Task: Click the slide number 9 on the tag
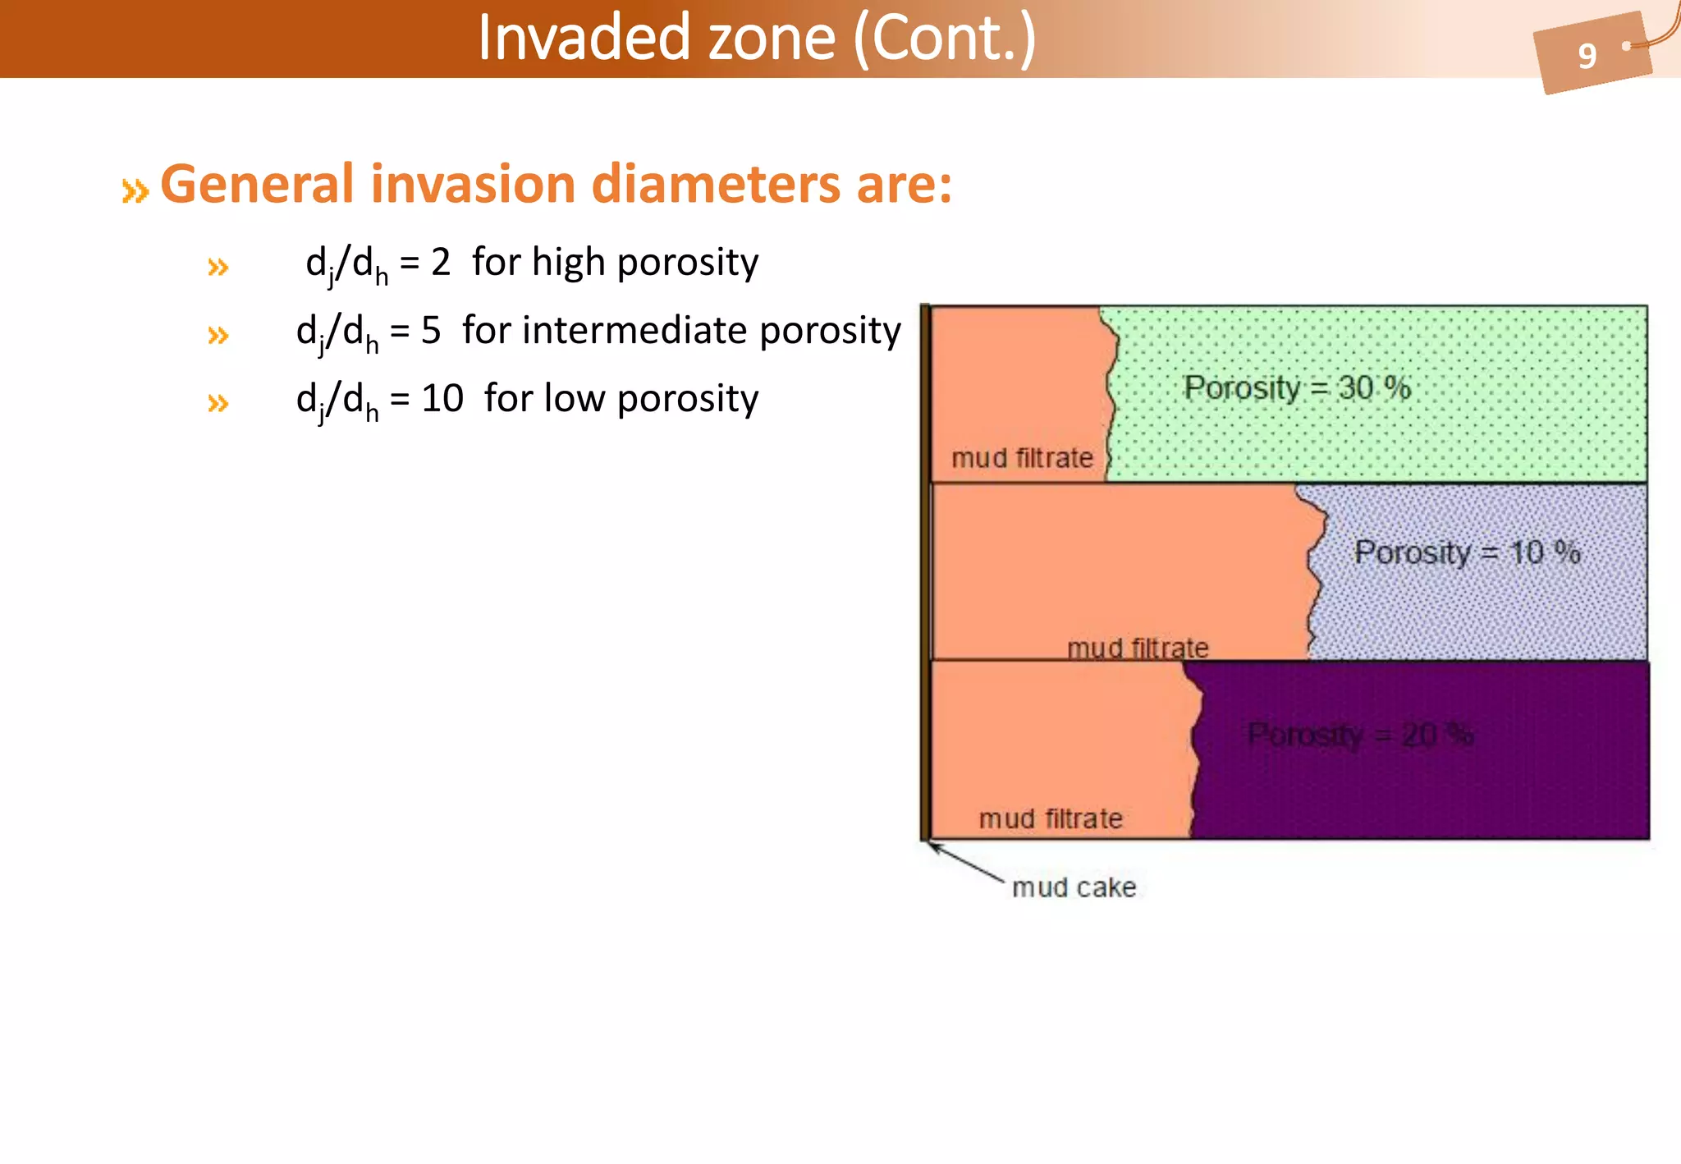[x=1587, y=56]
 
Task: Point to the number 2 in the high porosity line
[x=441, y=263]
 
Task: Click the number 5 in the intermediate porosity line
[x=431, y=331]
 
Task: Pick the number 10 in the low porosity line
[x=442, y=399]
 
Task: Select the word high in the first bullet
[x=568, y=263]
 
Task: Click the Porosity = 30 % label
[x=1297, y=388]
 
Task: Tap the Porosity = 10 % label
[x=1467, y=552]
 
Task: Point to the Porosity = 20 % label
[x=1360, y=735]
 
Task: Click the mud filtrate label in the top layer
[x=1022, y=458]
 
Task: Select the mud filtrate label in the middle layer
[x=1138, y=648]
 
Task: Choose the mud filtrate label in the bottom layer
[x=1051, y=818]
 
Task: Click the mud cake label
[x=1074, y=887]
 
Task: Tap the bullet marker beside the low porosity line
[x=218, y=403]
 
